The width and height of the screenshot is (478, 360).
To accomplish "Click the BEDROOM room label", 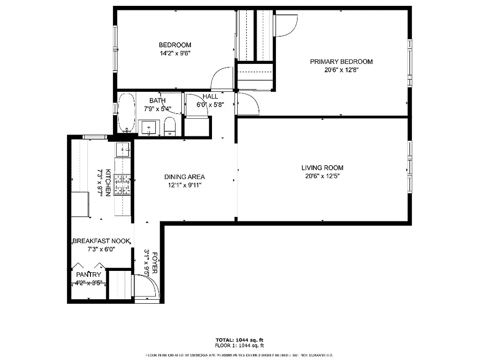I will (175, 45).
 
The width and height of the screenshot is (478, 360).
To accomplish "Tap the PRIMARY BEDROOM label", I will (341, 62).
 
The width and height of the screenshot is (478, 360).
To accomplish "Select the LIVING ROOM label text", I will (322, 168).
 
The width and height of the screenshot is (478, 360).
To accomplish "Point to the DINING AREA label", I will (185, 177).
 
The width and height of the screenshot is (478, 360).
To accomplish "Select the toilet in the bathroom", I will (170, 126).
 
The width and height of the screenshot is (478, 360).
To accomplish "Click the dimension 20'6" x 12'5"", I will (322, 176).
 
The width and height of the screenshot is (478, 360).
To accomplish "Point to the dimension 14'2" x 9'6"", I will (175, 53).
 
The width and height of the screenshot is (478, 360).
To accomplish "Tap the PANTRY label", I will (89, 274).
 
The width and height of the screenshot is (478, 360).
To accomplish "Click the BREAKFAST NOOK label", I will (101, 241).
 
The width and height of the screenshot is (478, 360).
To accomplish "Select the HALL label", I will (210, 97).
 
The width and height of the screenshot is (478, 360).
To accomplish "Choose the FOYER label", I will (155, 262).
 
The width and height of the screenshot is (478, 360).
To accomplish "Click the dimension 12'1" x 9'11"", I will (185, 184).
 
